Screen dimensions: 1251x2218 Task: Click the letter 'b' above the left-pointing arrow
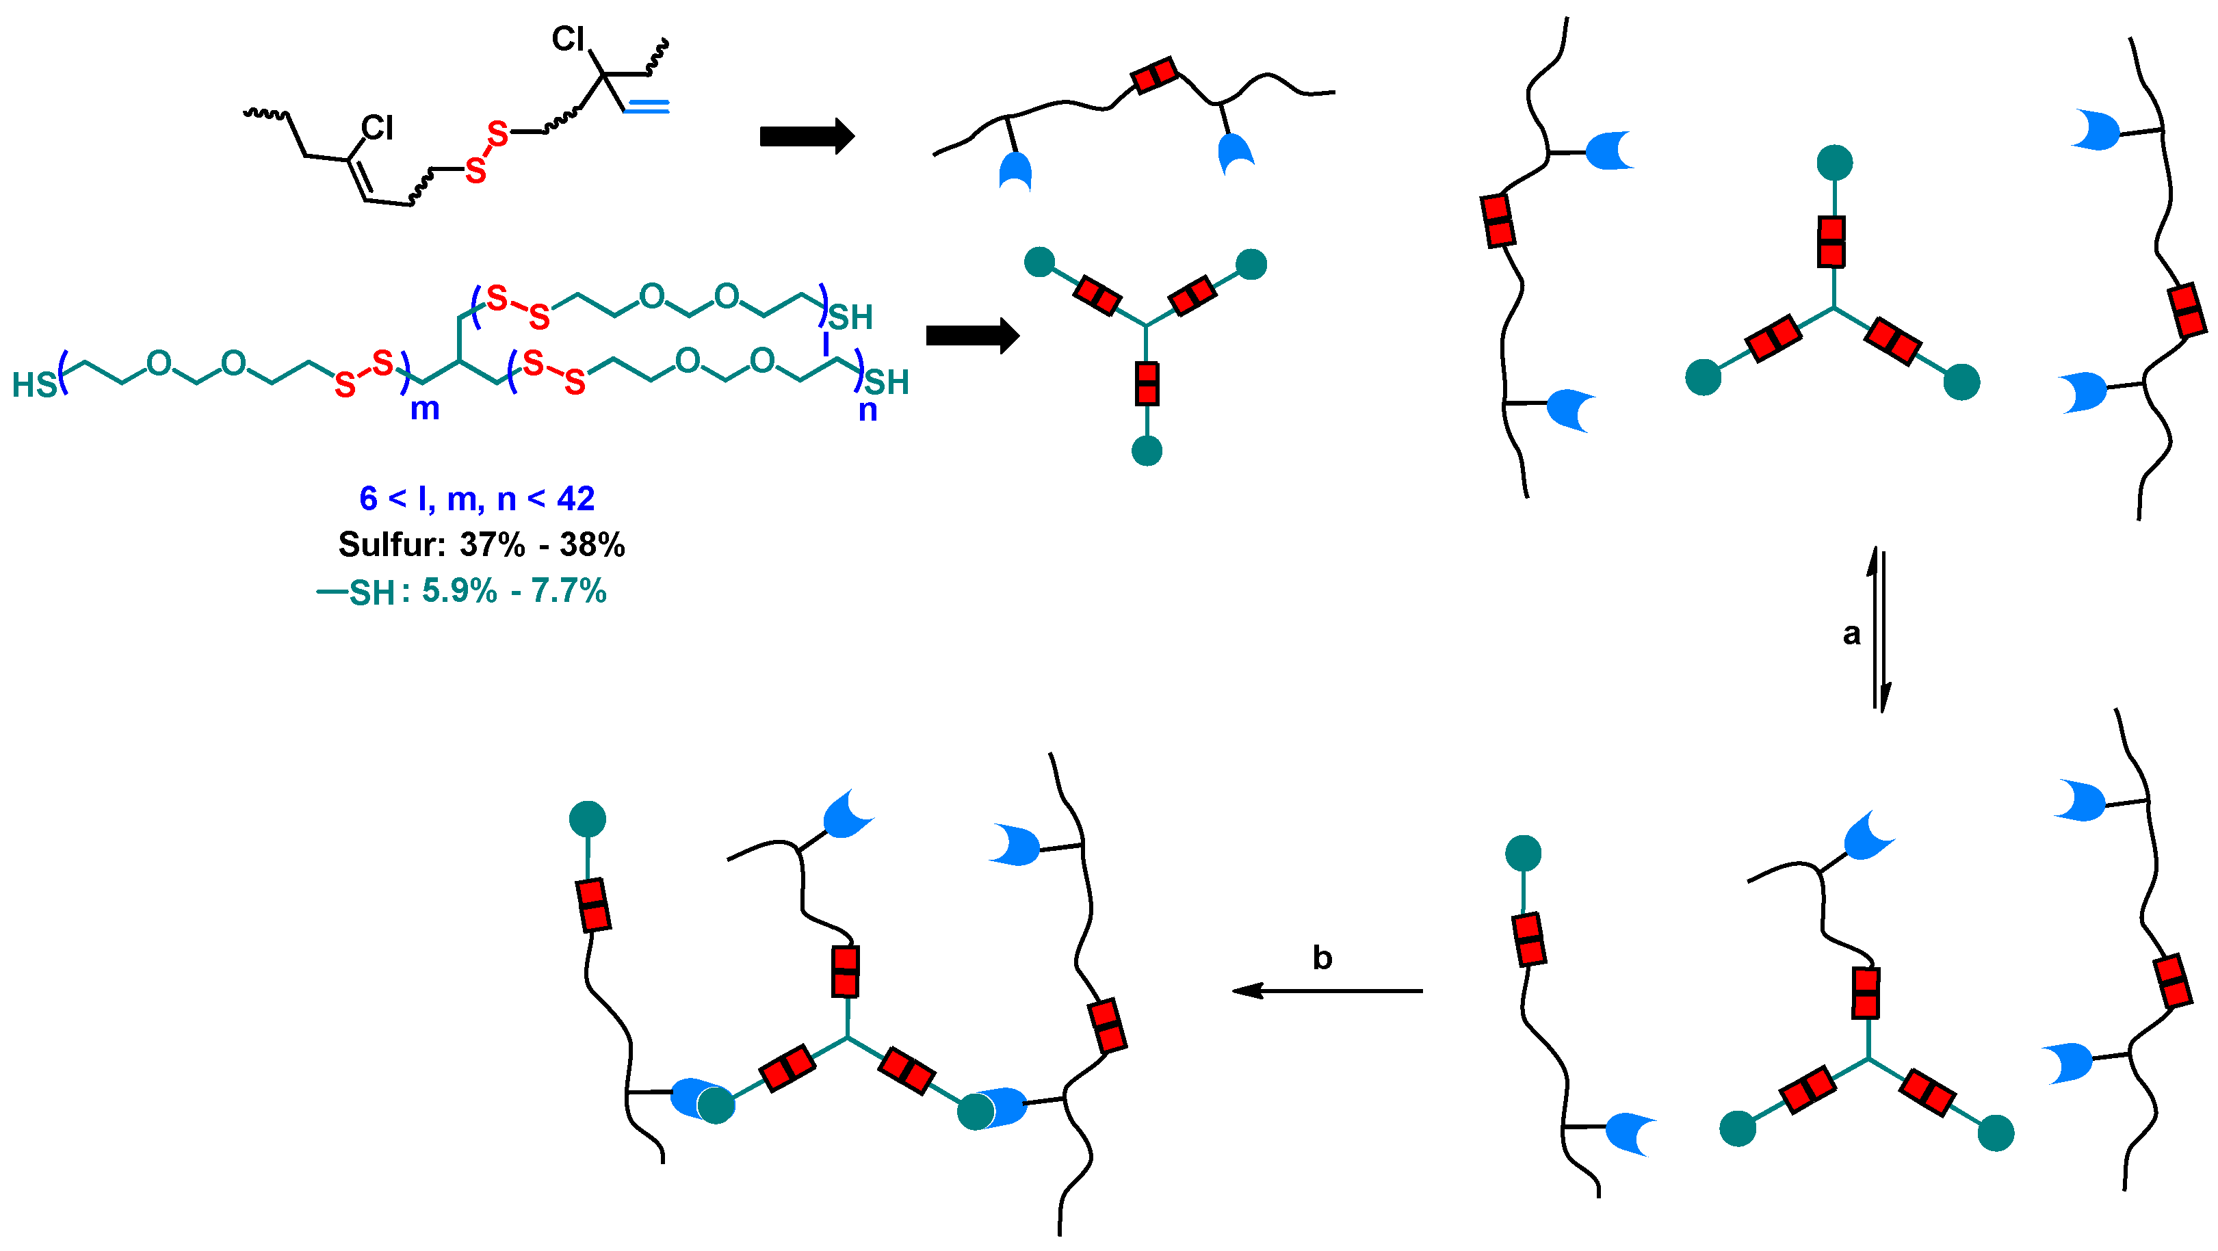point(1322,958)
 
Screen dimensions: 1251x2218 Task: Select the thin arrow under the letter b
point(1327,991)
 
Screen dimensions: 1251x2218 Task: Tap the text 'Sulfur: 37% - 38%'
point(482,544)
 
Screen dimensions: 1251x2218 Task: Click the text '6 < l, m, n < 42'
point(477,499)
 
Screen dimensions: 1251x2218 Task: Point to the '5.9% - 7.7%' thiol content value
point(514,591)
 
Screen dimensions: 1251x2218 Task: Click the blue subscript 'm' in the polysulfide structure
point(424,408)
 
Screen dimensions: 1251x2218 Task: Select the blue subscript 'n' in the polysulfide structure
point(868,410)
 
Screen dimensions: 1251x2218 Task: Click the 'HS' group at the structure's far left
point(34,385)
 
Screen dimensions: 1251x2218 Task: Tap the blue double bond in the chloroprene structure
point(647,107)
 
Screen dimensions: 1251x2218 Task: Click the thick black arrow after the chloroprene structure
point(807,135)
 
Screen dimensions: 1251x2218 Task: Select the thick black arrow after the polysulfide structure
point(972,335)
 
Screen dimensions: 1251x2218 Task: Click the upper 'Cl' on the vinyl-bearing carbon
point(569,40)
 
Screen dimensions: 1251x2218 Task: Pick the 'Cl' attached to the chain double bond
point(377,129)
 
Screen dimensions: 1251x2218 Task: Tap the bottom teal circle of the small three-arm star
point(1147,450)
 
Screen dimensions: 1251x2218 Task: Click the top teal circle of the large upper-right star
point(1835,163)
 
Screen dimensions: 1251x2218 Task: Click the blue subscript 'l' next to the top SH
point(825,345)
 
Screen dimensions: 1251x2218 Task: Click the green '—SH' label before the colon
point(356,592)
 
